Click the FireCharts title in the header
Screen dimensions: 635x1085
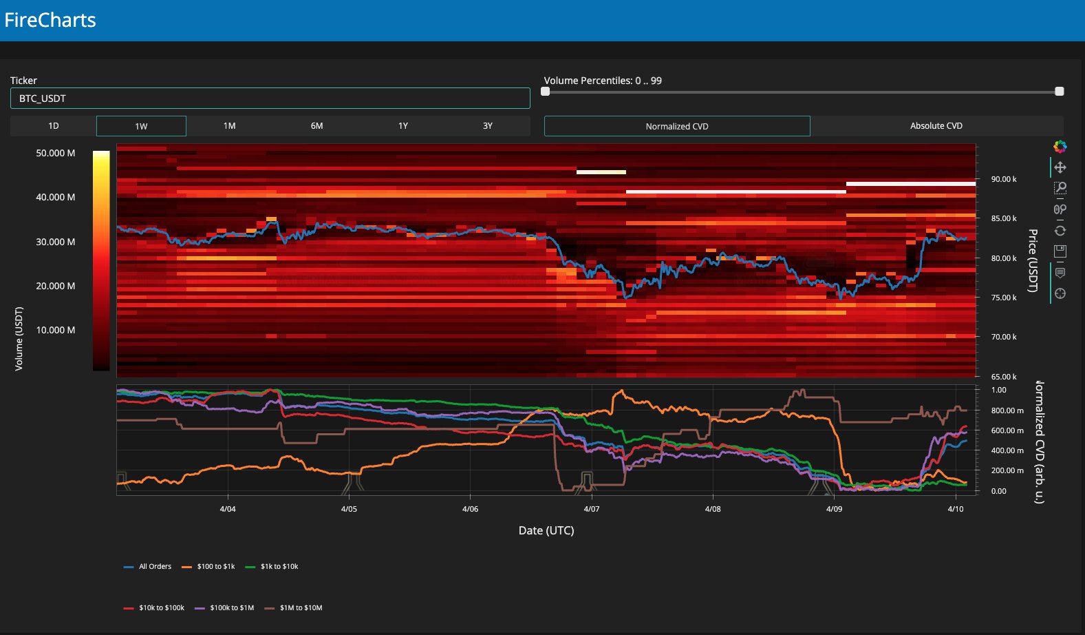click(50, 20)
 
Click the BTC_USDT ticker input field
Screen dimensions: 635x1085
click(270, 98)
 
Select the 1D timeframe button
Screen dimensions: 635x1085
click(53, 126)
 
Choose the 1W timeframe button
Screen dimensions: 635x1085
click(141, 126)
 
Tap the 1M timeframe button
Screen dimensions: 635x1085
click(229, 126)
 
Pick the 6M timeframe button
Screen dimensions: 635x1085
click(316, 126)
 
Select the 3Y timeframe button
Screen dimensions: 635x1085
click(487, 126)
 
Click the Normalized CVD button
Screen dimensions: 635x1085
click(677, 126)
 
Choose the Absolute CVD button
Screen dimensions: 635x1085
click(936, 126)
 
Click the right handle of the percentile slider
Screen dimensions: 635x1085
click(1059, 92)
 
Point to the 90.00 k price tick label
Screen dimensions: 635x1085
click(1003, 179)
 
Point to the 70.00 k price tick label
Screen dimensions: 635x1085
click(1003, 337)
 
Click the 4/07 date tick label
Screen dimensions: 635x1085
click(591, 509)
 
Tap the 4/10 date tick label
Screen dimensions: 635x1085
click(955, 509)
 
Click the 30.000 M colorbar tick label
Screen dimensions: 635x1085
click(56, 242)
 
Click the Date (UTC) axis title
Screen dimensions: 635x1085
click(546, 530)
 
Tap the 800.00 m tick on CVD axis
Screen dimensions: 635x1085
click(1007, 410)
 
